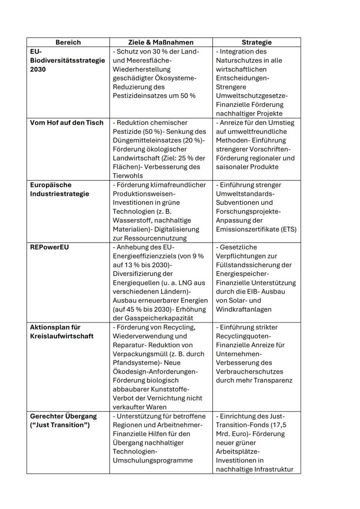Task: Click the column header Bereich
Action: coord(68,42)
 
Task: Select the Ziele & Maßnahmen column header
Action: coord(161,42)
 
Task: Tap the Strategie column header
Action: coord(257,42)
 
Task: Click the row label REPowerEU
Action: coord(50,247)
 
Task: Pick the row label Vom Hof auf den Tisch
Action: coord(67,123)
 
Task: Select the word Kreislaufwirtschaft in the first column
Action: coord(62,336)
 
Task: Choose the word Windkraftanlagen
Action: coord(243,309)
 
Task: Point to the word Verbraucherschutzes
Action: coord(249,372)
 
